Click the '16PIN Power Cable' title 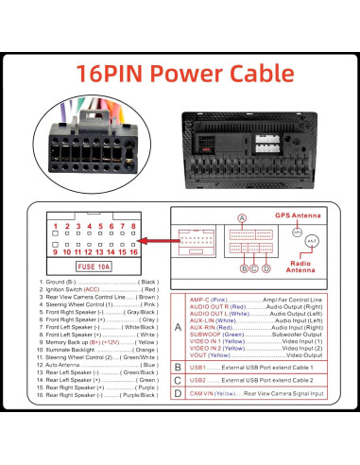(180, 72)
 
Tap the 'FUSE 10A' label (94, 267)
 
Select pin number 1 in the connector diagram (56, 227)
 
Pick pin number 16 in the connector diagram (136, 252)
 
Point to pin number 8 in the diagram (136, 227)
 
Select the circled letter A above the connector (241, 218)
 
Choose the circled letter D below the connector (266, 267)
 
